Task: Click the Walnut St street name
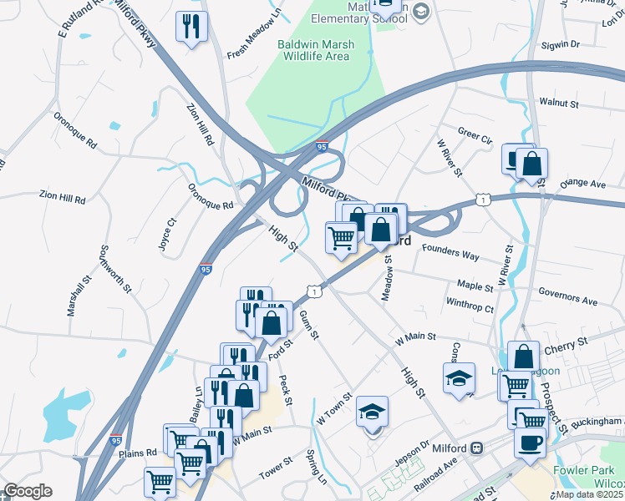pyautogui.click(x=559, y=103)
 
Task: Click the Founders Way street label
pyautogui.click(x=450, y=251)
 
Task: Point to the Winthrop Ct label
pyautogui.click(x=470, y=306)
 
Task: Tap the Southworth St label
pyautogui.click(x=115, y=268)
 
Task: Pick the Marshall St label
pyautogui.click(x=76, y=292)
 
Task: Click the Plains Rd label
pyautogui.click(x=139, y=453)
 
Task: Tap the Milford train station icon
pyautogui.click(x=476, y=448)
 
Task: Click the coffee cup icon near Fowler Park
pyautogui.click(x=530, y=442)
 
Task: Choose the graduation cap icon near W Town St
pyautogui.click(x=372, y=412)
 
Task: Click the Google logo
pyautogui.click(x=27, y=491)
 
